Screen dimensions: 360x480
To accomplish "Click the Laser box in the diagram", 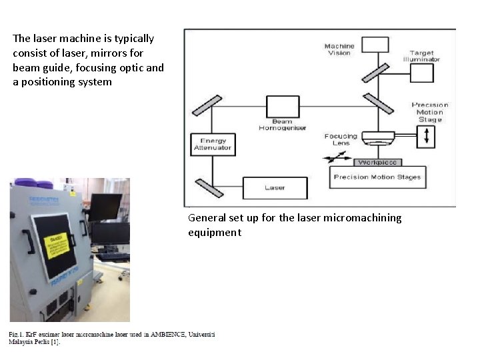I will coord(275,187).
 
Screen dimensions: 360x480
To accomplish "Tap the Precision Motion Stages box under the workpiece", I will coord(377,177).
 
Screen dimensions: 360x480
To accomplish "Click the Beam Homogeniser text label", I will coord(282,125).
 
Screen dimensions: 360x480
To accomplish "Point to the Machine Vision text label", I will coord(339,49).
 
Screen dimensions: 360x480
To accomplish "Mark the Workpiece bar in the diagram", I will coord(377,163).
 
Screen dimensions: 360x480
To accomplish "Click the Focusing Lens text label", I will coord(341,140).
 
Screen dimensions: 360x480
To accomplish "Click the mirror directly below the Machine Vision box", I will coord(375,71).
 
